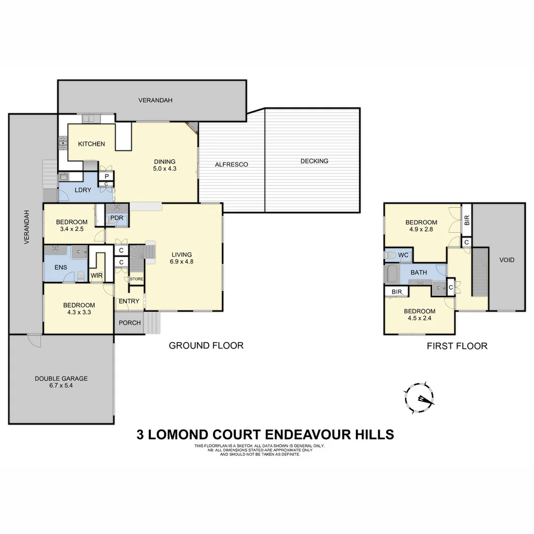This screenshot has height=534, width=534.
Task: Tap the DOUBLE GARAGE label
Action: coord(61,379)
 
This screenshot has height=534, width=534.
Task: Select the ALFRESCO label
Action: coord(231,164)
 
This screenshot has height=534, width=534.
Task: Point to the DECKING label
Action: coord(314,161)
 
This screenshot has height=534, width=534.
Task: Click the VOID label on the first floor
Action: coord(507,260)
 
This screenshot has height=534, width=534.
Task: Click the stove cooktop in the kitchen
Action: coord(63,143)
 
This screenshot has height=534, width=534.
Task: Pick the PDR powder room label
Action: coord(117,219)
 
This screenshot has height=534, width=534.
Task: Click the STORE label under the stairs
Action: coord(136,279)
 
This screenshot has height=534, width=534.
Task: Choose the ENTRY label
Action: coord(129,302)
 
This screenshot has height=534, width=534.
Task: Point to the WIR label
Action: coord(96,275)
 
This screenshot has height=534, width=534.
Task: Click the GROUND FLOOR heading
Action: coord(206,345)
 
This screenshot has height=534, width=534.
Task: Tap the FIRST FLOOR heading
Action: coord(457,346)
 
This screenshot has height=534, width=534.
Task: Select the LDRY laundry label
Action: coord(83,190)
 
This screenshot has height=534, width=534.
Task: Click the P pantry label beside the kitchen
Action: coord(106,176)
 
